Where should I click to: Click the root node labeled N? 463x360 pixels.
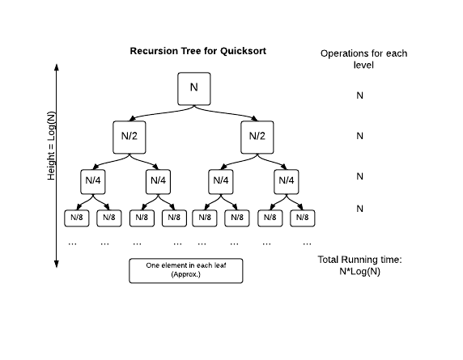(194, 88)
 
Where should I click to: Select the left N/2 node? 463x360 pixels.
(130, 136)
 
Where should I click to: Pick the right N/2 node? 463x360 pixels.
(257, 136)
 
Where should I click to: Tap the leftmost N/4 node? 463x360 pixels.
(93, 180)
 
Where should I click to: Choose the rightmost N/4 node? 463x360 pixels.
(287, 180)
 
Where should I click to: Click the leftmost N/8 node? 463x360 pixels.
(77, 217)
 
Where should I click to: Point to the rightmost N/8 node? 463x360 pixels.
(302, 217)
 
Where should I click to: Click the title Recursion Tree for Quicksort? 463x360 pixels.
(198, 51)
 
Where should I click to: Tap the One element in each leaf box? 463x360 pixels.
(185, 270)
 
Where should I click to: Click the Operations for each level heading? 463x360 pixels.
(363, 58)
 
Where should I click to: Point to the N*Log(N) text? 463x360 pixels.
(361, 272)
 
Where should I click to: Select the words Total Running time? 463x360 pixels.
(361, 260)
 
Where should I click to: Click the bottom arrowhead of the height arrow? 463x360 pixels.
(57, 263)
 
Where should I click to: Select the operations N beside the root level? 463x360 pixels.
(360, 95)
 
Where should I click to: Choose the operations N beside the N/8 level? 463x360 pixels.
(360, 209)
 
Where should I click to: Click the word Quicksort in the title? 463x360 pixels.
(243, 51)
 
